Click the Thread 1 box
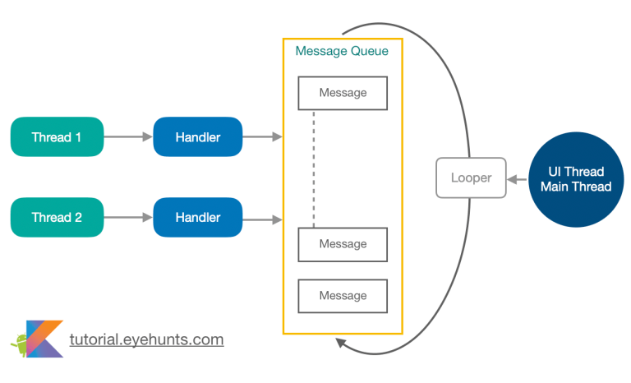(56, 137)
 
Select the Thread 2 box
(56, 218)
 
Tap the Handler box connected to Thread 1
(198, 137)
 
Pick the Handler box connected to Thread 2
(198, 218)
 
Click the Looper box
(470, 178)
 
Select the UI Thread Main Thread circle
(575, 178)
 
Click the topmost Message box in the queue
(343, 93)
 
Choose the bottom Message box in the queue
(343, 296)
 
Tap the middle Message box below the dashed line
(343, 244)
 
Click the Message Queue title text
(342, 51)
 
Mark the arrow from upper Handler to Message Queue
(262, 137)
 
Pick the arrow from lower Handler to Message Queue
(262, 219)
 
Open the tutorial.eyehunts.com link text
(146, 339)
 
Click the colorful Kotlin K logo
(45, 338)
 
